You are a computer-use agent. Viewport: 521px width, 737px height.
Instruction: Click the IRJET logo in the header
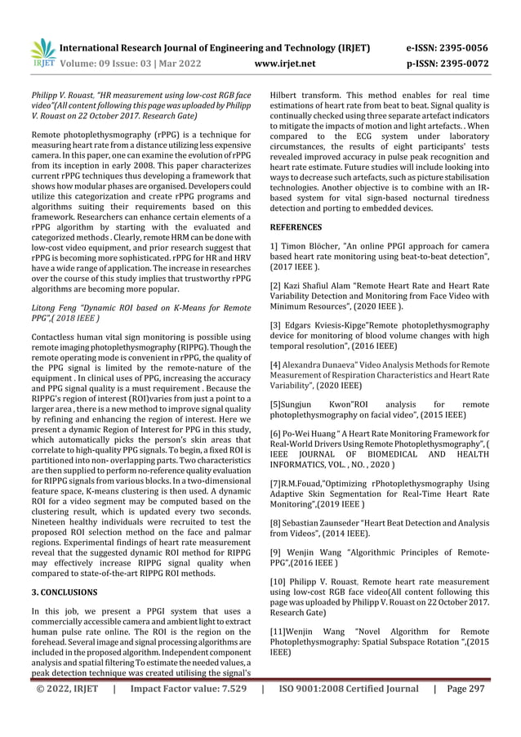[41, 51]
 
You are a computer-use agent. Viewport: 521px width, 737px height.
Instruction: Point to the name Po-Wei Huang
[317, 432]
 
